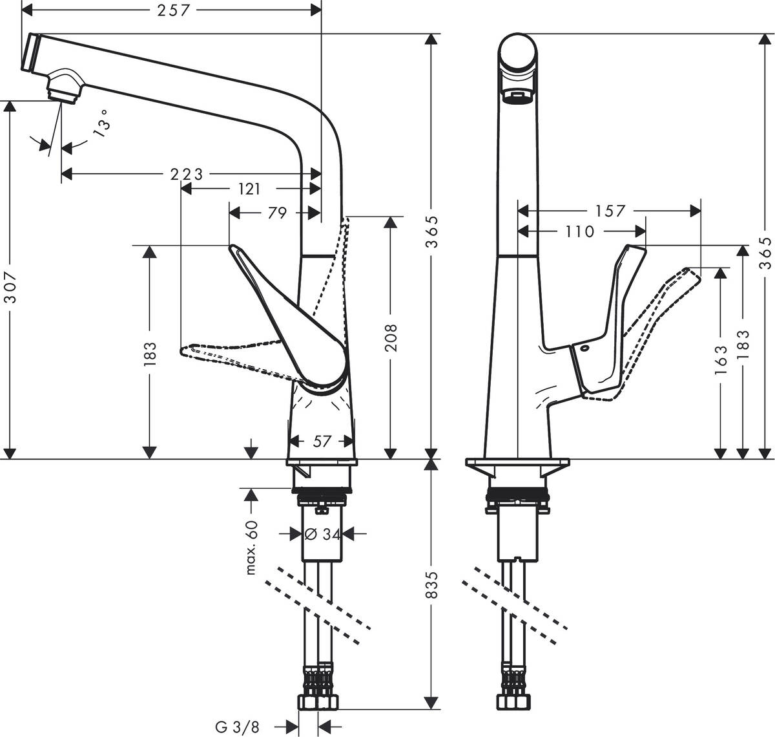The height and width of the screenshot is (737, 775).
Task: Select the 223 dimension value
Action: [186, 174]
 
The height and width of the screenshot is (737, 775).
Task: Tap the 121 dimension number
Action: [249, 188]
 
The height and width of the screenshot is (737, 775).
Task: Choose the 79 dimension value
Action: [276, 213]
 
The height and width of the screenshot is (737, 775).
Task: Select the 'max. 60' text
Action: [252, 547]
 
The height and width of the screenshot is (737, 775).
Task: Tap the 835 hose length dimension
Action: [431, 584]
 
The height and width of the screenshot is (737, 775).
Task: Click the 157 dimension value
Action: [610, 211]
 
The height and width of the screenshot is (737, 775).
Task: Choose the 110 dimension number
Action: [579, 231]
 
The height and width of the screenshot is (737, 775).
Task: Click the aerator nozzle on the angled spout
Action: [65, 87]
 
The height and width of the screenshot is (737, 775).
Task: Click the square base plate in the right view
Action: [518, 465]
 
